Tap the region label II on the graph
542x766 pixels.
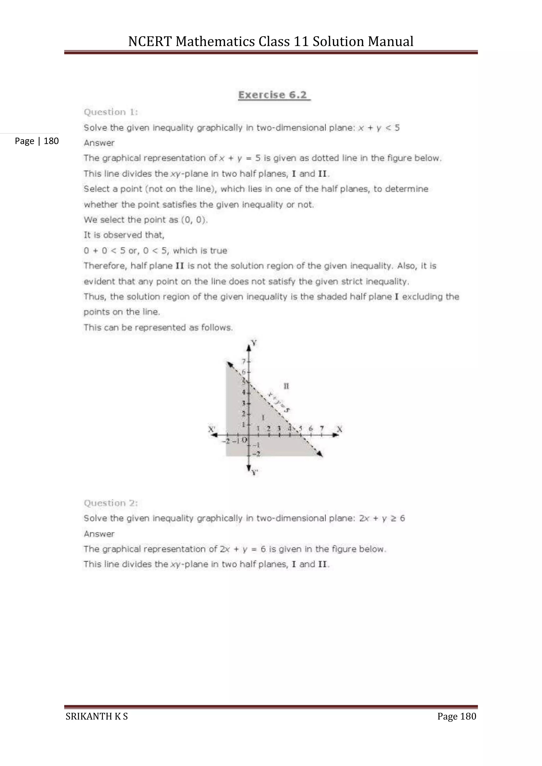[286, 386]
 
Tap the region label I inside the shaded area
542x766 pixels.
[263, 417]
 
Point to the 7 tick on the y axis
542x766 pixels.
[244, 361]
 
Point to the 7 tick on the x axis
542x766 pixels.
[322, 428]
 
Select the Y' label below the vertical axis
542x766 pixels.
[255, 472]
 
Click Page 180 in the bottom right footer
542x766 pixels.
[456, 716]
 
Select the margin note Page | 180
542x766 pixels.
[37, 141]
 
